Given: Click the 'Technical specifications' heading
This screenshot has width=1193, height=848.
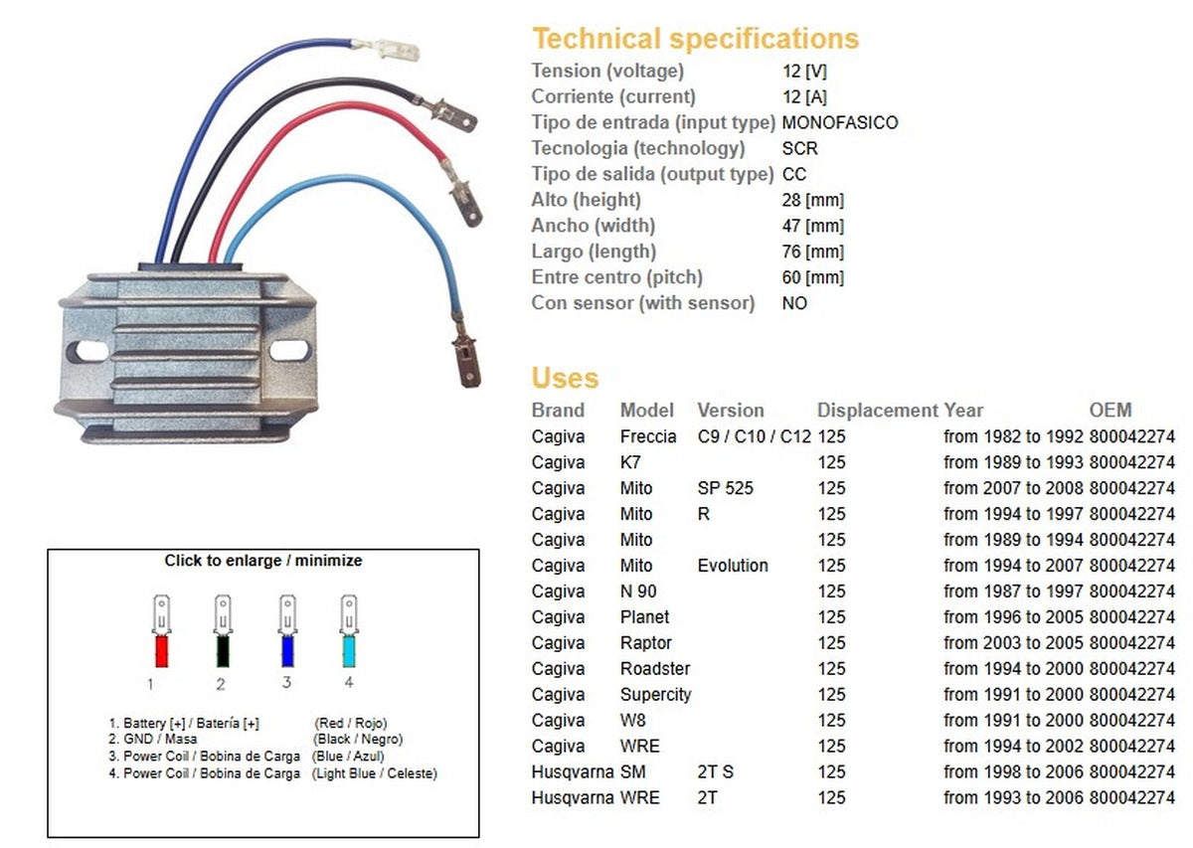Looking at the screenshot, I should pos(695,39).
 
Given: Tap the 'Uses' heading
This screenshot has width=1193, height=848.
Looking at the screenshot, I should pos(565,379).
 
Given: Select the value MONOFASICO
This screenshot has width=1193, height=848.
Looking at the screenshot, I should pos(840,123).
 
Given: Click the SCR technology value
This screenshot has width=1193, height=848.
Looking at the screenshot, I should pos(800,149).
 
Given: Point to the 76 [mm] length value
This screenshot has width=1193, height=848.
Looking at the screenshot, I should pos(812,253).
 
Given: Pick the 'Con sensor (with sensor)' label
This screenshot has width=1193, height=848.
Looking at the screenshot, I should pos(642,303).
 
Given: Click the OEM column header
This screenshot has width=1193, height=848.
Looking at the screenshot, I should pos(1109,410).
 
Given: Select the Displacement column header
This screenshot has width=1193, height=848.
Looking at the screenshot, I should pos(877,410).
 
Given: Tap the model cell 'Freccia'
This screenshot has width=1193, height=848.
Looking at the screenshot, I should pos(648,436).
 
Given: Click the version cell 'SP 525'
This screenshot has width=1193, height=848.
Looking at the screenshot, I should pos(726,488).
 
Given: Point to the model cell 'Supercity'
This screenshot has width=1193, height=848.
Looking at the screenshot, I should pos(655,695).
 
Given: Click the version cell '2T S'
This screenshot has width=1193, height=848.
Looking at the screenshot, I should pos(716,772).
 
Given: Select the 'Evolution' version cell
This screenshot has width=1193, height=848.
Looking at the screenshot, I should pos(733,566).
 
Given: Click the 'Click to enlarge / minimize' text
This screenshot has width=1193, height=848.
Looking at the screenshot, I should pos(263,561).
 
